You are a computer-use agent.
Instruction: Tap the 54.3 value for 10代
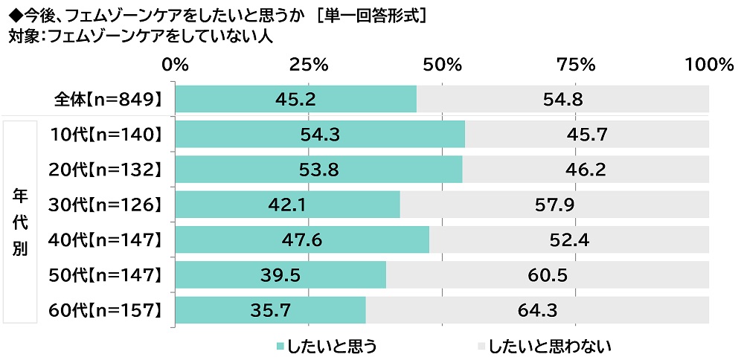click(x=320, y=135)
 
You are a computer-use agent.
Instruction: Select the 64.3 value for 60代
click(x=537, y=310)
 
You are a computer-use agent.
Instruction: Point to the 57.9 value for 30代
click(x=555, y=205)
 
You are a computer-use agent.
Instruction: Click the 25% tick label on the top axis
click(x=309, y=65)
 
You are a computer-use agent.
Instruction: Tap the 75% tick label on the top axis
click(x=576, y=65)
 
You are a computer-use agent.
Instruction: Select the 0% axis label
click(x=176, y=65)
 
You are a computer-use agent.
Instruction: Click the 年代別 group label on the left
click(x=20, y=222)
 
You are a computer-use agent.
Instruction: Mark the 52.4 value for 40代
click(x=569, y=240)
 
